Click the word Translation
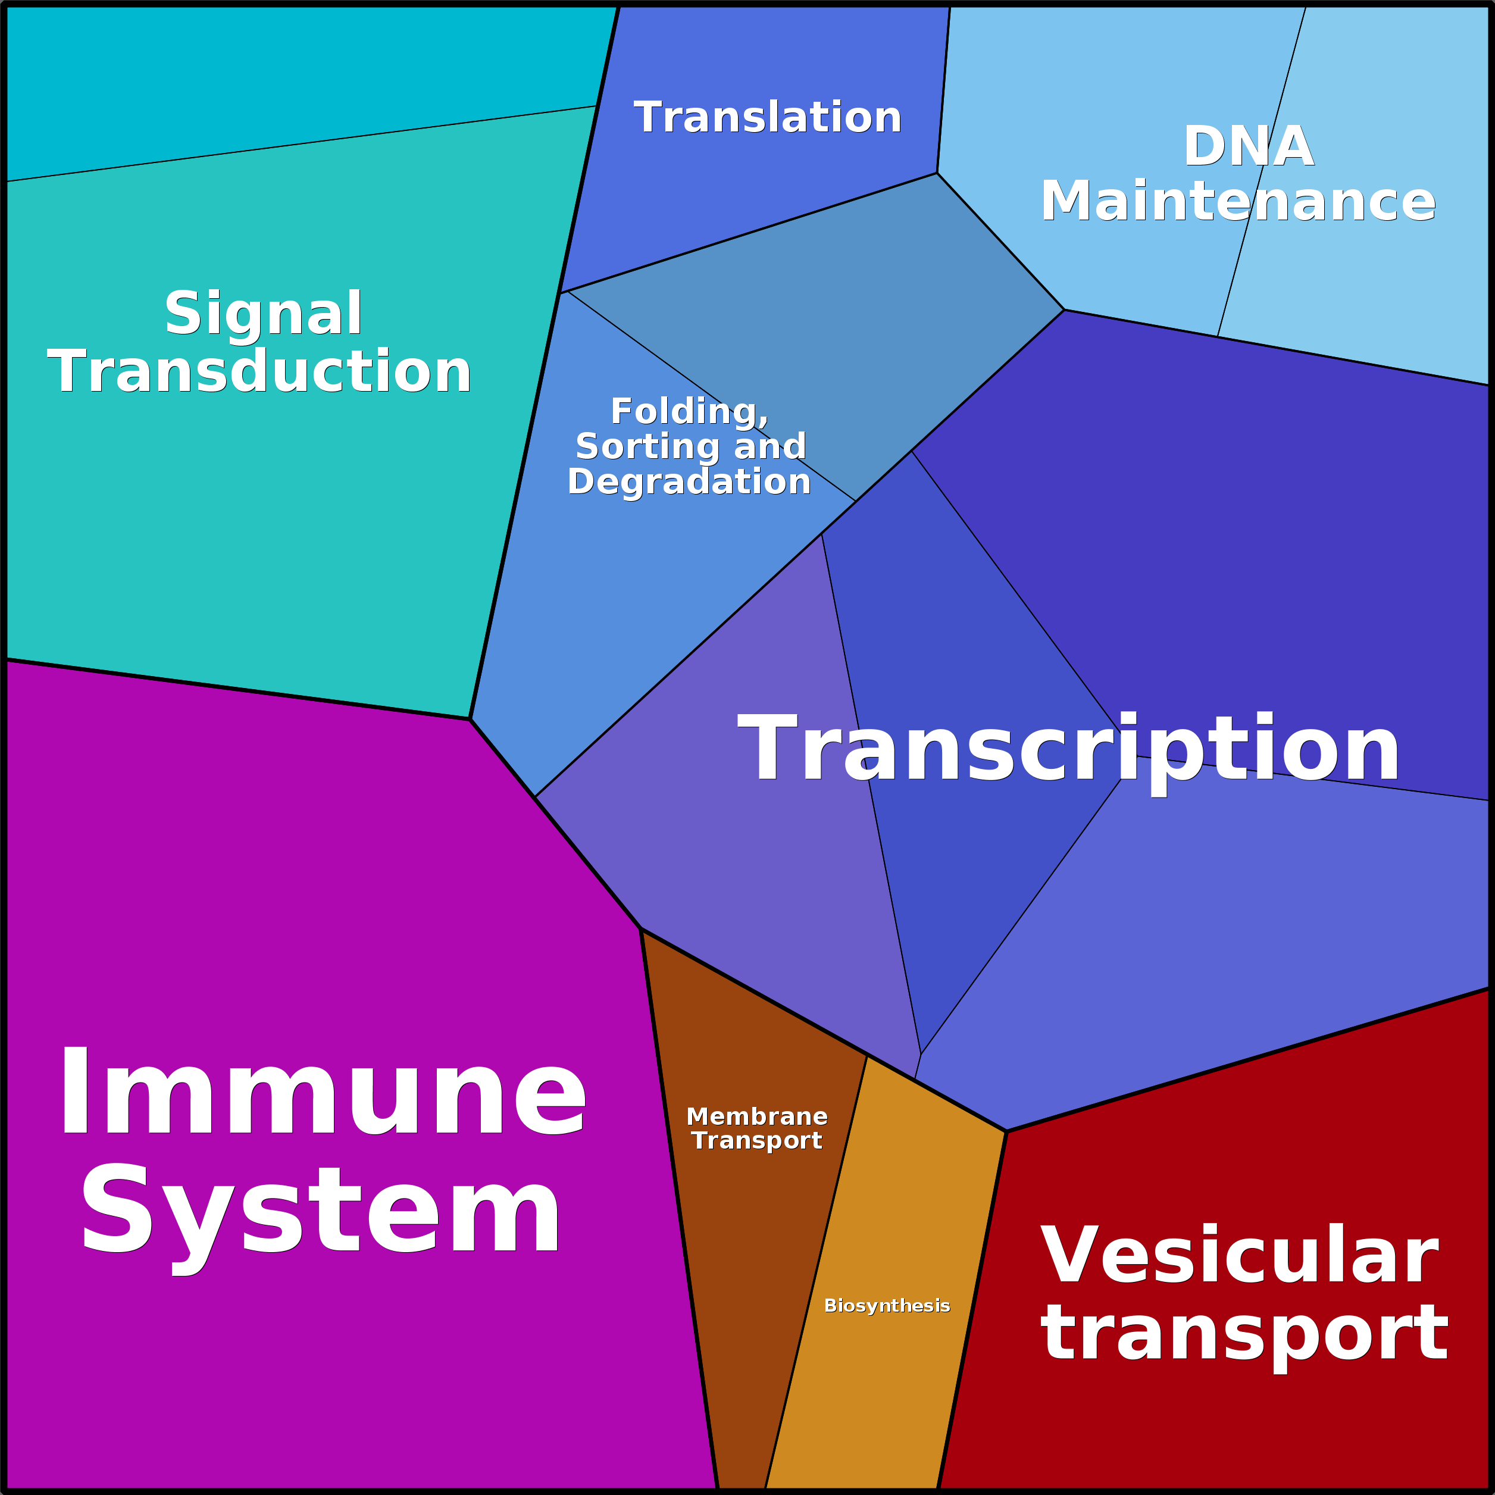pyautogui.click(x=768, y=118)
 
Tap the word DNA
pyautogui.click(x=1248, y=146)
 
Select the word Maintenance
pyautogui.click(x=1238, y=201)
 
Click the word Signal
pyautogui.click(x=263, y=314)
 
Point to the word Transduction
pyautogui.click(x=260, y=371)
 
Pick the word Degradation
pyautogui.click(x=689, y=481)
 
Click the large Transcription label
pyautogui.click(x=1068, y=749)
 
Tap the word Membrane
pyautogui.click(x=757, y=1116)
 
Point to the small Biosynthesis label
pyautogui.click(x=887, y=1306)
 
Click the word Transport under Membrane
pyautogui.click(x=757, y=1141)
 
